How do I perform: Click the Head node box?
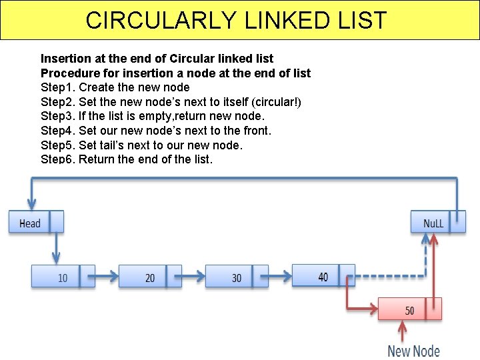[x=36, y=222]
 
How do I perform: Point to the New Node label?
[x=413, y=351]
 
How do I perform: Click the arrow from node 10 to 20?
[x=107, y=274]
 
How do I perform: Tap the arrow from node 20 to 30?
[x=193, y=274]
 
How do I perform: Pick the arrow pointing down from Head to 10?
[x=56, y=248]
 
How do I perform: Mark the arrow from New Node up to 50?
[x=403, y=331]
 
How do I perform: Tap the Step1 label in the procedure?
[x=58, y=87]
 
